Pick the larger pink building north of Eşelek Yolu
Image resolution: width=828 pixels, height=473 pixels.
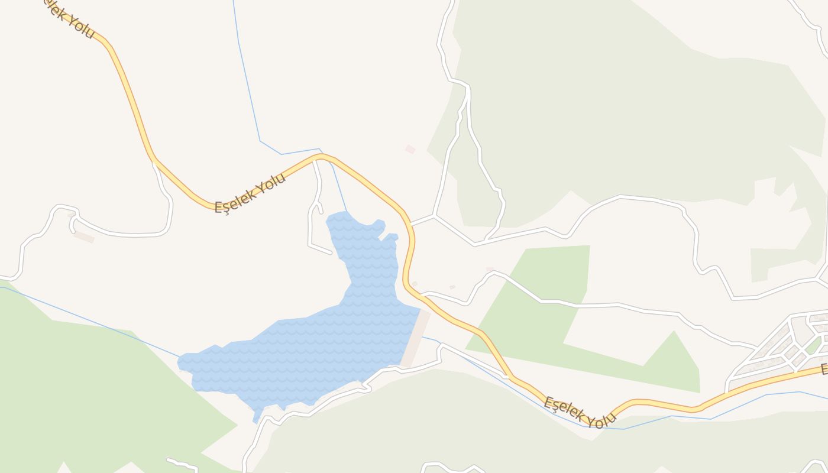[410, 149]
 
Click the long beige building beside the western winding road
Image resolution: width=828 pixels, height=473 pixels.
[83, 237]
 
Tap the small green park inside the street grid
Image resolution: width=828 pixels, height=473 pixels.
[813, 346]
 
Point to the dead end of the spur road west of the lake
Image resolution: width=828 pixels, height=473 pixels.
[331, 253]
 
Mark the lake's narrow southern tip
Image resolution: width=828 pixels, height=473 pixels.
[256, 419]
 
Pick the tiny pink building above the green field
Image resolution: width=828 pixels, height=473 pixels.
[490, 269]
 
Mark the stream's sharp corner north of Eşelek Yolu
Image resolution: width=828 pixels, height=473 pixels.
[260, 141]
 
